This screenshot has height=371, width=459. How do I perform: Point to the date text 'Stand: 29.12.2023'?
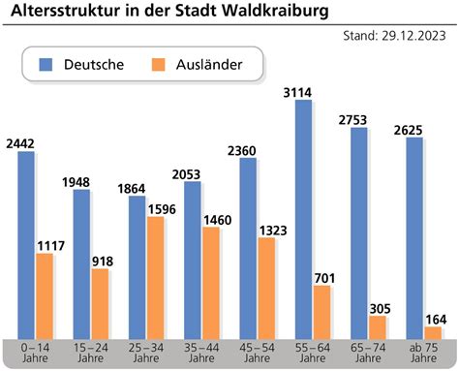coord(398,37)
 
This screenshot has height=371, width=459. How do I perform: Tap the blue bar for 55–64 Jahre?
coord(303,218)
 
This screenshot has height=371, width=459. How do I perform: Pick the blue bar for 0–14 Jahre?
coord(25,244)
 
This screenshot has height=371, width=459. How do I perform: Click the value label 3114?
coord(302,92)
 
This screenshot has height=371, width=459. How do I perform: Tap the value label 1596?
coord(160,208)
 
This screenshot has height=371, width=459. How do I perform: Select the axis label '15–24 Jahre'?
coord(89,353)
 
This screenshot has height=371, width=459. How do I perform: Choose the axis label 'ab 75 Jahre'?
coord(423,353)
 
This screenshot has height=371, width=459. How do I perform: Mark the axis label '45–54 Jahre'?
coord(257,353)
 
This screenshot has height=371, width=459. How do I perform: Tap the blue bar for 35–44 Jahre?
coord(193,259)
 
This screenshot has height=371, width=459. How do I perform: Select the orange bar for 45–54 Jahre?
coord(267,288)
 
